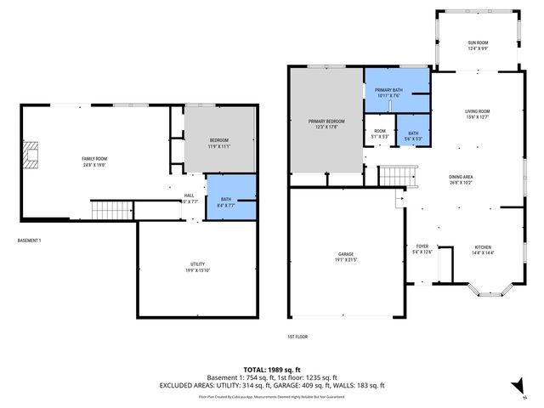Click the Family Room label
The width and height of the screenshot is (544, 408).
[x=93, y=161]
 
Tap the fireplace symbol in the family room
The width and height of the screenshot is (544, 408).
[x=32, y=156]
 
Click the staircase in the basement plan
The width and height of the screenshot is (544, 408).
[x=108, y=209]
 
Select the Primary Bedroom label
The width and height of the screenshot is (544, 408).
[x=326, y=124]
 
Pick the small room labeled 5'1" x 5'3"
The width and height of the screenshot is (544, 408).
[x=380, y=134]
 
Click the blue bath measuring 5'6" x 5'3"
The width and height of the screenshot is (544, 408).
[x=413, y=136]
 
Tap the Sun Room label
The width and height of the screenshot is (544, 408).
[x=477, y=45]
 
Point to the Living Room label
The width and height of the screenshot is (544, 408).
[x=477, y=114]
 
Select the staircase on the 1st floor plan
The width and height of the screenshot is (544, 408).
[x=395, y=177]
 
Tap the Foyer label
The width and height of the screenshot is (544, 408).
[x=422, y=249]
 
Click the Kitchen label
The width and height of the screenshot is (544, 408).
[x=483, y=250]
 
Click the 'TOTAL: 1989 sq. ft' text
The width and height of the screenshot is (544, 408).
[x=272, y=370]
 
